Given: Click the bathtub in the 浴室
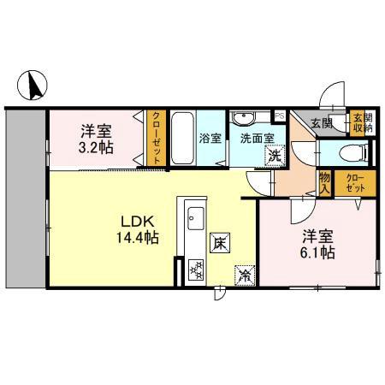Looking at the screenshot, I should [181, 139].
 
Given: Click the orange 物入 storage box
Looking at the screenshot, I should [324, 181].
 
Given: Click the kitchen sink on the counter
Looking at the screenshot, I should [191, 215].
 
